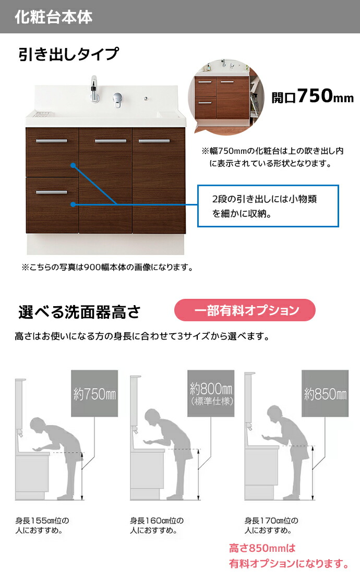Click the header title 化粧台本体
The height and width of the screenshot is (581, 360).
(x=53, y=17)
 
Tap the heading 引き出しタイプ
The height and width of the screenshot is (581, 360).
(x=68, y=54)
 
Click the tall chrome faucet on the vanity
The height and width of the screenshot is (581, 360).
(x=94, y=89)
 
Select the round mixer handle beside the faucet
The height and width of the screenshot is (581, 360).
(x=117, y=99)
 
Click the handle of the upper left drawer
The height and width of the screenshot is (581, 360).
(x=52, y=141)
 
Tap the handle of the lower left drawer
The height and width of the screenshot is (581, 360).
(x=52, y=192)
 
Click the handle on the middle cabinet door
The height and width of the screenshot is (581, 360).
(x=111, y=141)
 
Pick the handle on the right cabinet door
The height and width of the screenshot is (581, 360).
(x=154, y=141)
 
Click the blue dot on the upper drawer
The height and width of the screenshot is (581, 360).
(x=73, y=165)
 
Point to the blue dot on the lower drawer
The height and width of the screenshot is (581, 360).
(x=73, y=204)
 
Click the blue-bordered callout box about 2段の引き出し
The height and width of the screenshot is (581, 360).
(x=268, y=206)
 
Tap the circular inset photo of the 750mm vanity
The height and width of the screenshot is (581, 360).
(x=226, y=96)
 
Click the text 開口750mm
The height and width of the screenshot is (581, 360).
(x=313, y=96)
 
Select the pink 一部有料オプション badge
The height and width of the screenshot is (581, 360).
(x=245, y=310)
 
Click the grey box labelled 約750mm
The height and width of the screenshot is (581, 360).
(x=94, y=394)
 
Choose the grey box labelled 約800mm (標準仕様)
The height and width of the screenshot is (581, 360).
(x=211, y=394)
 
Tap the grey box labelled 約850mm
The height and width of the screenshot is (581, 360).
(x=325, y=394)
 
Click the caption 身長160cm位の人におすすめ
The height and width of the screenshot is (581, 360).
(x=157, y=525)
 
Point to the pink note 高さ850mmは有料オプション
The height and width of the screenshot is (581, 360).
(x=289, y=556)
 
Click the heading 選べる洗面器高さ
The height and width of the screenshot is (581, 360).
(x=79, y=312)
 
